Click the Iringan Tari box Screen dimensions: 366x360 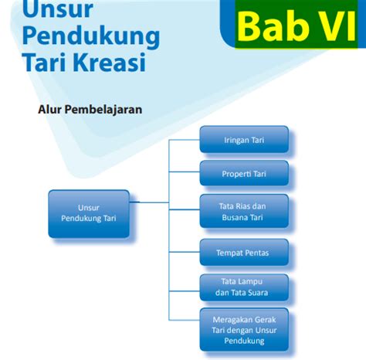coord(244,139)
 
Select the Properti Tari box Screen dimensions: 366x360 coord(244,173)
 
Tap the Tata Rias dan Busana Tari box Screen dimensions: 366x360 coord(244,211)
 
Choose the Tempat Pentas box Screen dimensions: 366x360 coord(244,253)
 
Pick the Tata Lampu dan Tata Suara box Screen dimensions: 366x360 coord(244,287)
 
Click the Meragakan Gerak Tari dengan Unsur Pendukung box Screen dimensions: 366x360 coord(244,330)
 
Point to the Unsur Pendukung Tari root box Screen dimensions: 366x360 coord(89,214)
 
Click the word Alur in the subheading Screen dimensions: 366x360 coord(49,110)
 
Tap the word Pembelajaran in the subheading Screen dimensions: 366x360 coord(103,110)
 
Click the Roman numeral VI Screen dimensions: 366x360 coord(337,26)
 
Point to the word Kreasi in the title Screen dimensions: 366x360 coord(110,62)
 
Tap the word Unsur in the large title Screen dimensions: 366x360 coord(58,9)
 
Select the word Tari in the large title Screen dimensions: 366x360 coord(46,62)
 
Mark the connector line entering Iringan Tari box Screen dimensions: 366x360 coord(185,140)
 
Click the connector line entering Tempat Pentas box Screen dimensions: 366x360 coord(185,252)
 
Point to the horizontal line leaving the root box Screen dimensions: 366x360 coord(149,202)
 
